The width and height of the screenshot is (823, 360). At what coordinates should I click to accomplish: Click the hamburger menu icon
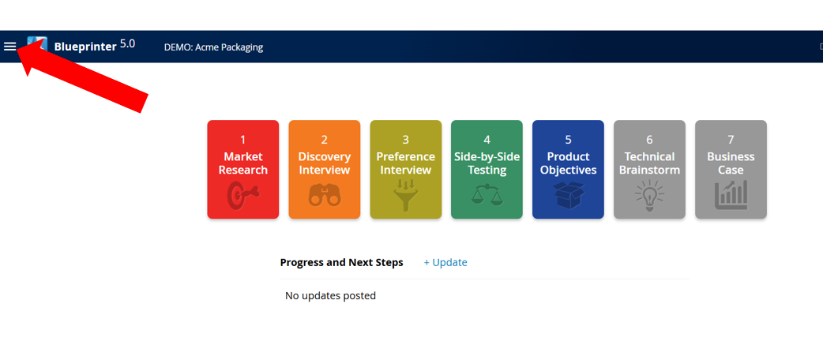click(10, 46)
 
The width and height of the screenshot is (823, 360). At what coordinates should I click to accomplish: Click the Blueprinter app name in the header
click(85, 47)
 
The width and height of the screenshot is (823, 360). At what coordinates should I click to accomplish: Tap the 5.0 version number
click(127, 44)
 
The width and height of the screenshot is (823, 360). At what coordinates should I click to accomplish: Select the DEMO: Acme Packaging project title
click(213, 47)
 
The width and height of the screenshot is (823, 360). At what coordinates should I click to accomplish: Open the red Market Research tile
click(243, 170)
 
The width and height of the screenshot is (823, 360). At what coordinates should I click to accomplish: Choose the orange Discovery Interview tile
click(325, 170)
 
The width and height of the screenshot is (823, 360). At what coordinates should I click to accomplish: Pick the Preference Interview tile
click(406, 170)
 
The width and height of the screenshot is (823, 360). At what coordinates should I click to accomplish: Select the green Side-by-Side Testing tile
click(487, 170)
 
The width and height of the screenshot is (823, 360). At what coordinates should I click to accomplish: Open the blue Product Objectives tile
click(568, 170)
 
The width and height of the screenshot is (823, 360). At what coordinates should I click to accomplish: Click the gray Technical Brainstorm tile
click(649, 170)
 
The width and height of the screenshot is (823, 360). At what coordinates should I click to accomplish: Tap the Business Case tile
click(731, 170)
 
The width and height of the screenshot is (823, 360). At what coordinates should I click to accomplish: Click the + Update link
click(445, 262)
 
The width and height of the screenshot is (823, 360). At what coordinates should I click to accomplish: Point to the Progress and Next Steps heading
click(342, 262)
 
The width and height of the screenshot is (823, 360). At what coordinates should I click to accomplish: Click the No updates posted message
click(331, 296)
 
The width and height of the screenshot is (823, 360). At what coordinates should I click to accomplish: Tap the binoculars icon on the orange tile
click(325, 195)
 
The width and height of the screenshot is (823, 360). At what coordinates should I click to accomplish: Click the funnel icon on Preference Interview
click(406, 195)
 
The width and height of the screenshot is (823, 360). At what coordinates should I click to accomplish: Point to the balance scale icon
click(487, 194)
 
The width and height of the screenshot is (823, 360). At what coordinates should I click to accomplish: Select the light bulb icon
click(649, 195)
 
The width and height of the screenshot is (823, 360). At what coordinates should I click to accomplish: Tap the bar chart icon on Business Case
click(731, 195)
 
